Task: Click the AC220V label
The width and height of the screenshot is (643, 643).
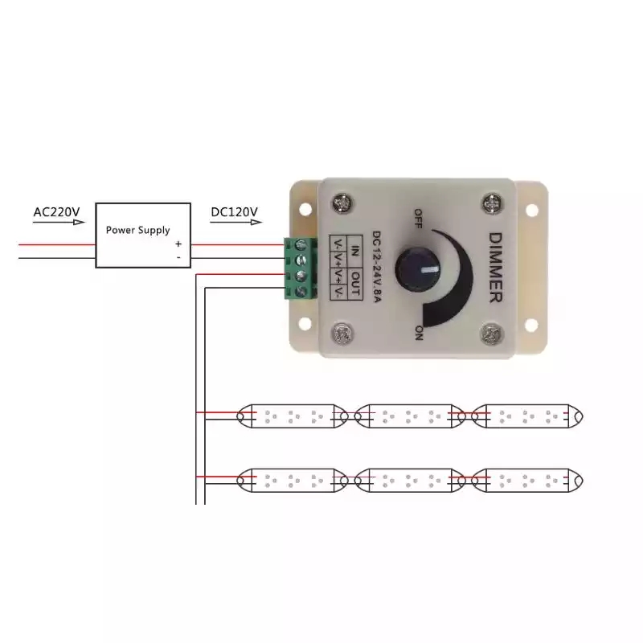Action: click(57, 213)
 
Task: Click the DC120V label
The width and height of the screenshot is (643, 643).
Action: click(234, 213)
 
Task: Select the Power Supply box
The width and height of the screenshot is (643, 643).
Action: click(143, 235)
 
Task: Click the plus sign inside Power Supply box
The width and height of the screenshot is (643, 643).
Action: click(178, 243)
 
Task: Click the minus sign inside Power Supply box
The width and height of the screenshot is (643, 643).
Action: click(178, 256)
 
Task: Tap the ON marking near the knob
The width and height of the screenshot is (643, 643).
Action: click(418, 332)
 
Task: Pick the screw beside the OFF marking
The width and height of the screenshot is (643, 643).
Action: click(344, 201)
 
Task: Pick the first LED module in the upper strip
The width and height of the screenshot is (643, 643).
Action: click(293, 416)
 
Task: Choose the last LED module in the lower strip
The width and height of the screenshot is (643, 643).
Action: click(526, 481)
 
